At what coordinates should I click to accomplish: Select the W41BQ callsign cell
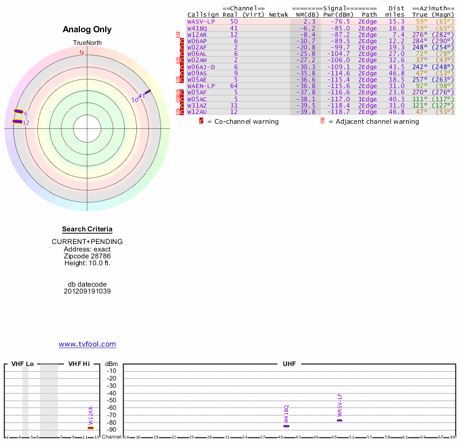point(197,28)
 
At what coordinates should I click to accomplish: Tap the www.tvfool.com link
point(87,344)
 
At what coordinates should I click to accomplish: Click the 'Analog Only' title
point(87,30)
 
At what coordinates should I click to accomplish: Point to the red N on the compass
point(82,52)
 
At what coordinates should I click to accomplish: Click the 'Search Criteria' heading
point(87,230)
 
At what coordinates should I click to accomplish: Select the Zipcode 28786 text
point(87,256)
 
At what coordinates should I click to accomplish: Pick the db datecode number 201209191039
point(87,291)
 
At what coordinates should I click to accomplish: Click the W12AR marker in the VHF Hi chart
point(90,428)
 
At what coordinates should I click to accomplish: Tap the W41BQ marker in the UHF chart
point(286,426)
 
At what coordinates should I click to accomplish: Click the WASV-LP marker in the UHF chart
point(339,420)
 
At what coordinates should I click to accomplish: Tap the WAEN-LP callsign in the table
point(201,86)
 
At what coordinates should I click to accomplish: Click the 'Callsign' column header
point(200,14)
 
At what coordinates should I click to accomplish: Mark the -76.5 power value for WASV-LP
point(338,21)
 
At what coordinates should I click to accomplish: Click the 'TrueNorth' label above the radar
point(87,43)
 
